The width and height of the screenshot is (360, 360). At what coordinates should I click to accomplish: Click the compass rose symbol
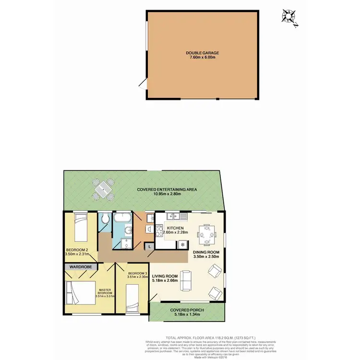[x=289, y=16]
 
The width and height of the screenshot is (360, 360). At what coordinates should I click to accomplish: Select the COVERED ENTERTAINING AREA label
[x=167, y=190]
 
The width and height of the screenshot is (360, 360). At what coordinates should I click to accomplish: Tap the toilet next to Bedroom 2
[x=105, y=219]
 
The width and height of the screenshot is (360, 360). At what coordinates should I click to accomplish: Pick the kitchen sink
[x=173, y=216]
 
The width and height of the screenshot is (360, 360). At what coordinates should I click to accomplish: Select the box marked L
[x=150, y=246]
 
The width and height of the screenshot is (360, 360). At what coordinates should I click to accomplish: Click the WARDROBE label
[x=81, y=265]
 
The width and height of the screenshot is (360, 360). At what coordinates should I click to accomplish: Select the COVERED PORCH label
[x=187, y=311]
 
